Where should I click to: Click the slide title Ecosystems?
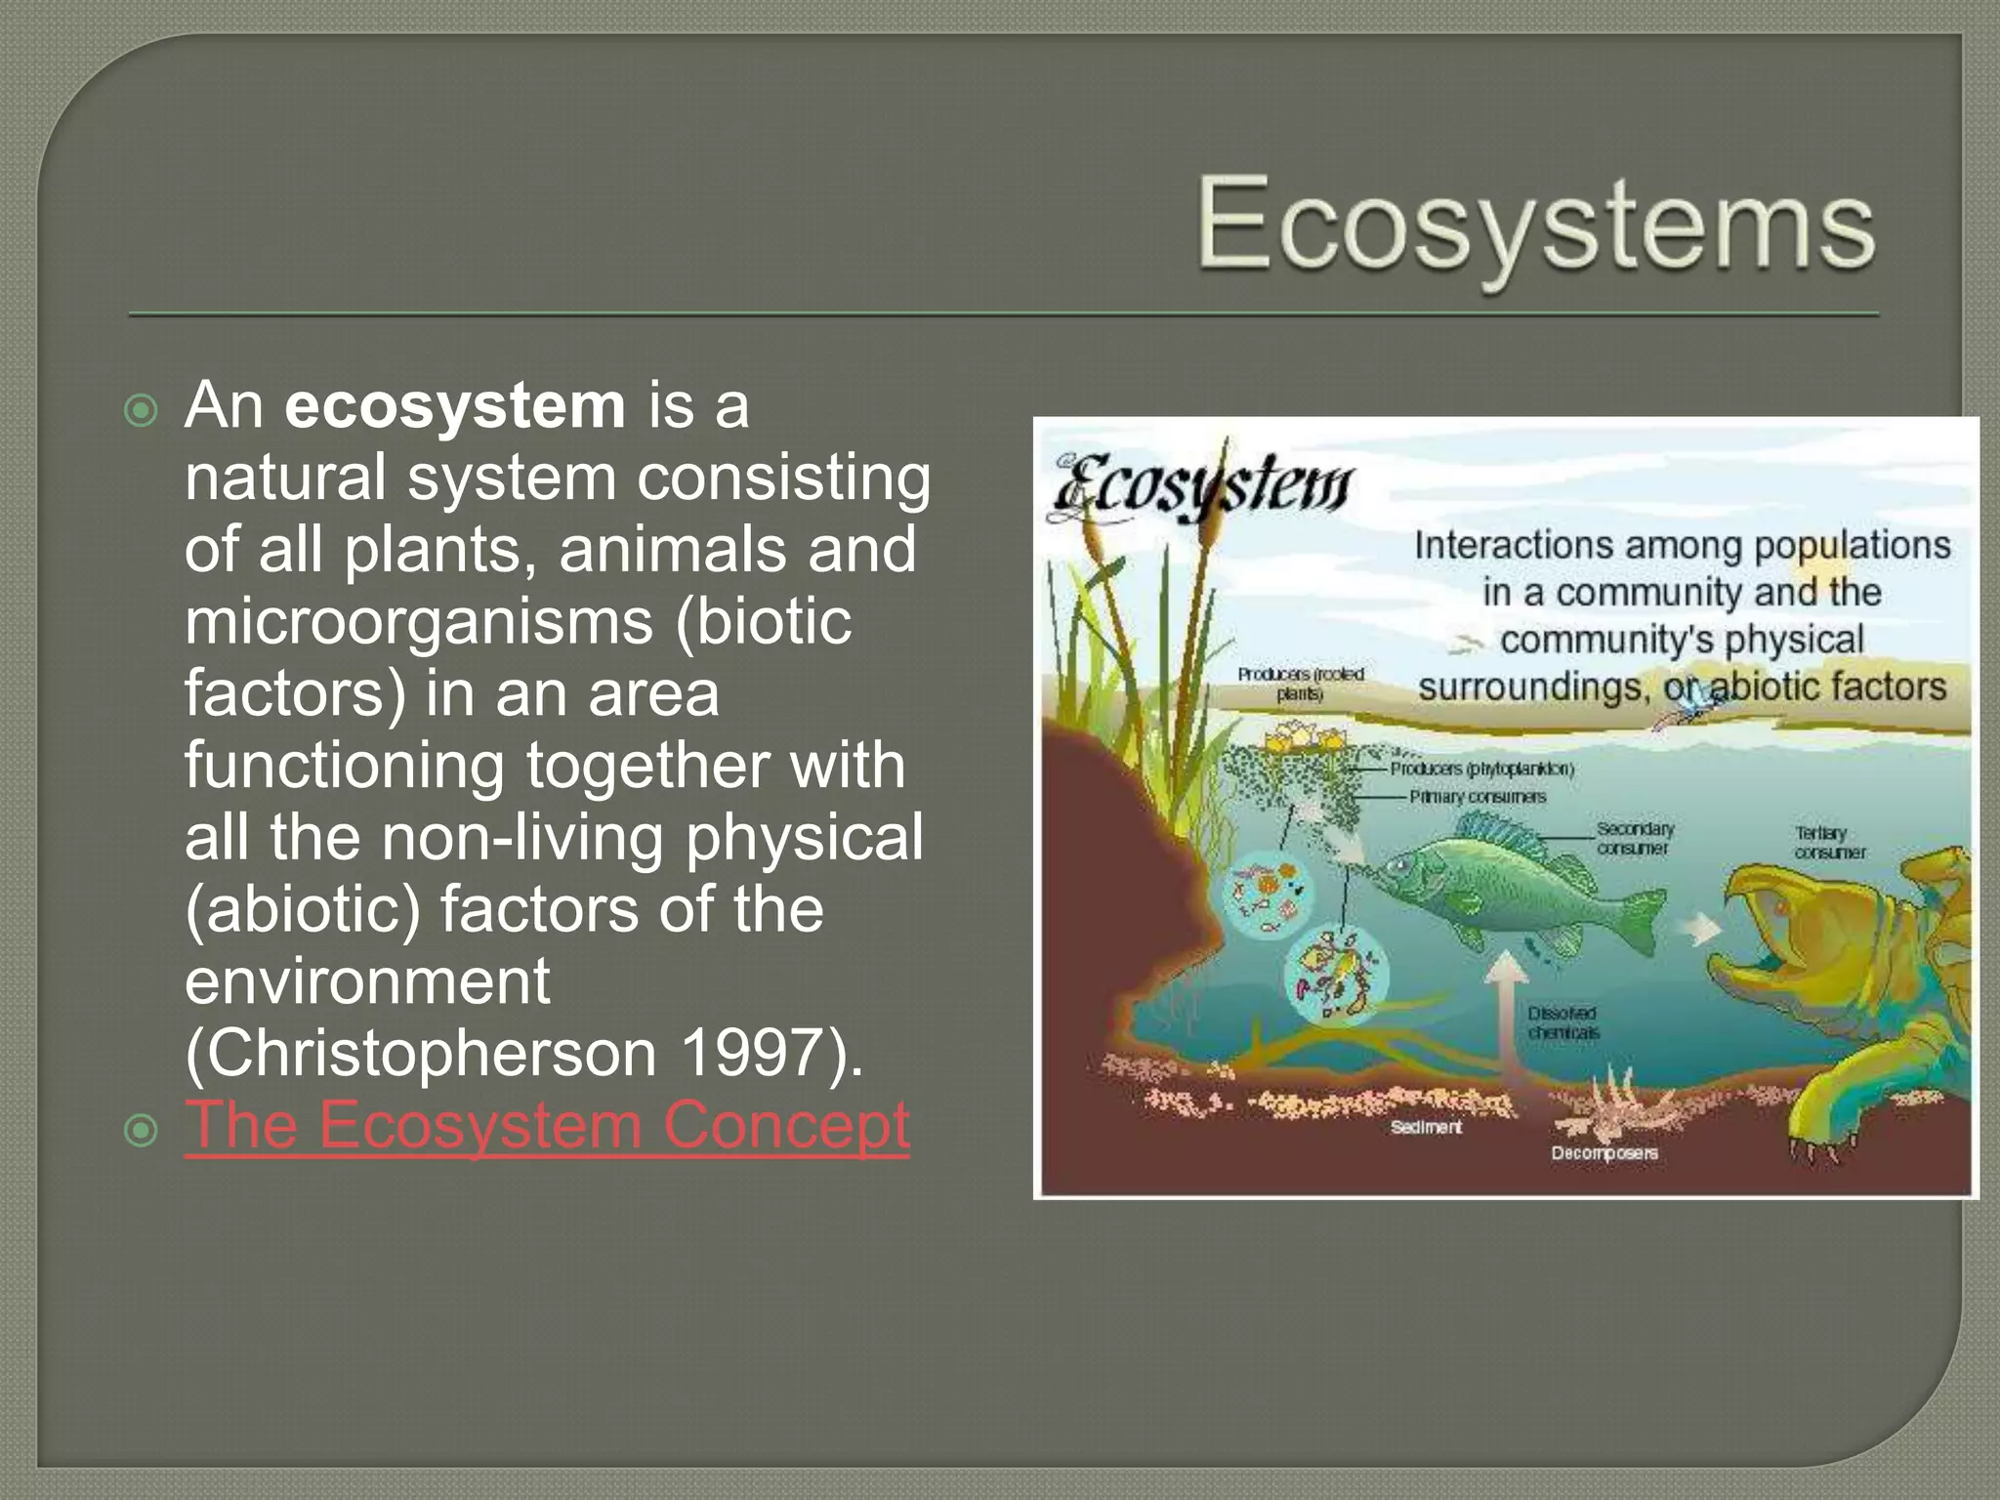pos(1535,224)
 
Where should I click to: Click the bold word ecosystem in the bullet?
pos(455,405)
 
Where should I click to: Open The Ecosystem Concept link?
pos(547,1125)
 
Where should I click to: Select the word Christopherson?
pos(420,1054)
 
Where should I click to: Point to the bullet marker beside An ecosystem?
pos(143,410)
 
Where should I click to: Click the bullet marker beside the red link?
pos(143,1131)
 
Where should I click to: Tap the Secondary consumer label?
pos(1634,838)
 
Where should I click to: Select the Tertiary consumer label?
pos(1828,842)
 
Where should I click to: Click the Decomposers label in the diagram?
pos(1604,1153)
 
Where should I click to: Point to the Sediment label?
pos(1426,1127)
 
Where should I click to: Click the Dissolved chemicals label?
pos(1562,1022)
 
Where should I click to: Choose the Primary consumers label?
pos(1477,797)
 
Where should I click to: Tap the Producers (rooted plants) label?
pos(1300,684)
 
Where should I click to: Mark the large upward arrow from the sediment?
pos(1506,1016)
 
